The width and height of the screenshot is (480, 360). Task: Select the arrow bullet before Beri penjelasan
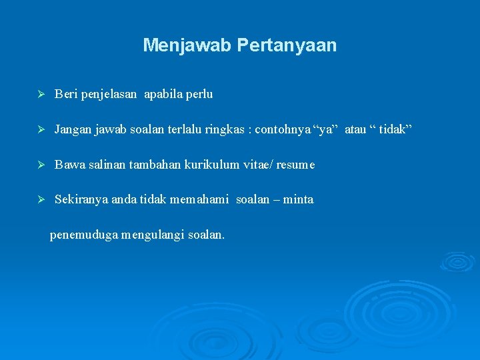pos(41,95)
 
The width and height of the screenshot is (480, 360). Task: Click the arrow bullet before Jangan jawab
pos(41,129)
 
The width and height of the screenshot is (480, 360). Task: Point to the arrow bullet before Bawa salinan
pos(41,165)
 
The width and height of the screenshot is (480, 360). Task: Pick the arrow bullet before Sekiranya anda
pos(41,200)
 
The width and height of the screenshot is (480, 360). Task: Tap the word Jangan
pos(73,129)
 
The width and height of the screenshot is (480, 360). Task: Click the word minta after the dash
pos(298,200)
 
